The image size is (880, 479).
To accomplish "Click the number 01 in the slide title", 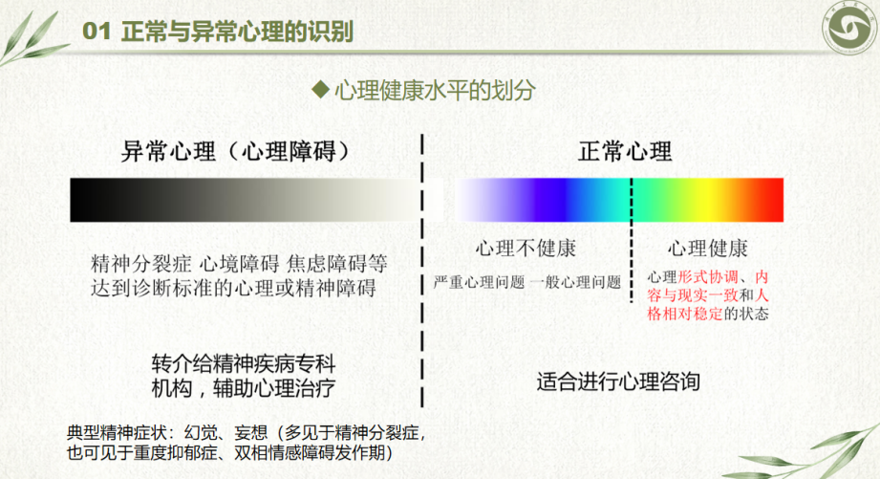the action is pyautogui.click(x=96, y=32).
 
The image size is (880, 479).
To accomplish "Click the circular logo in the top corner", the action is pyautogui.click(x=849, y=27).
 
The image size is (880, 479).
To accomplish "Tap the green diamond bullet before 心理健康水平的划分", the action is pyautogui.click(x=320, y=89).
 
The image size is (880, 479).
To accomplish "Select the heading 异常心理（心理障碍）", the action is pyautogui.click(x=235, y=151).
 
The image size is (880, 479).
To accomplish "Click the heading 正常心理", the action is pyautogui.click(x=625, y=151).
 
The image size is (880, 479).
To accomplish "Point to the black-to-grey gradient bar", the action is pyautogui.click(x=245, y=200).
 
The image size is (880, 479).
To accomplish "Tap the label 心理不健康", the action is pyautogui.click(x=526, y=249).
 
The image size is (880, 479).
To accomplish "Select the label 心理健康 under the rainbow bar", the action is pyautogui.click(x=707, y=249).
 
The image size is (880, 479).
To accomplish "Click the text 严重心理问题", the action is pyautogui.click(x=479, y=282).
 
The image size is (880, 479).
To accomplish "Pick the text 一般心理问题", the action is pyautogui.click(x=575, y=282).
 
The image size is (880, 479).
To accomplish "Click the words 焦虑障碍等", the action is pyautogui.click(x=337, y=263).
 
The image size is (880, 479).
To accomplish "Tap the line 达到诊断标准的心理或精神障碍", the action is pyautogui.click(x=233, y=288).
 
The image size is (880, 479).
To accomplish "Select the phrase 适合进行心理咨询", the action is pyautogui.click(x=618, y=381).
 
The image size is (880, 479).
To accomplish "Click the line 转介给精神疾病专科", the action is pyautogui.click(x=244, y=364).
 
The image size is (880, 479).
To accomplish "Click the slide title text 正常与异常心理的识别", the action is pyautogui.click(x=237, y=32).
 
